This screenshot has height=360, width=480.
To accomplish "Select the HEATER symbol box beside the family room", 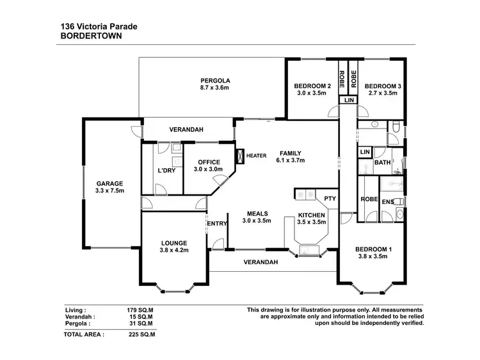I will (240, 156).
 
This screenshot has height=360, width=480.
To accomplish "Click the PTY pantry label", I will (330, 199).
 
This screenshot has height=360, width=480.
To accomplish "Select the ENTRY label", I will (216, 223).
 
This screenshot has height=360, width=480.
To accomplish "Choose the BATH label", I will (383, 163).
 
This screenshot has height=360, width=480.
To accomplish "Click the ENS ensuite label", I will (387, 202).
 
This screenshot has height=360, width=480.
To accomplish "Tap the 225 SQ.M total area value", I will (141, 334).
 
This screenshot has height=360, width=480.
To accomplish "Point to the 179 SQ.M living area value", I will (141, 309).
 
